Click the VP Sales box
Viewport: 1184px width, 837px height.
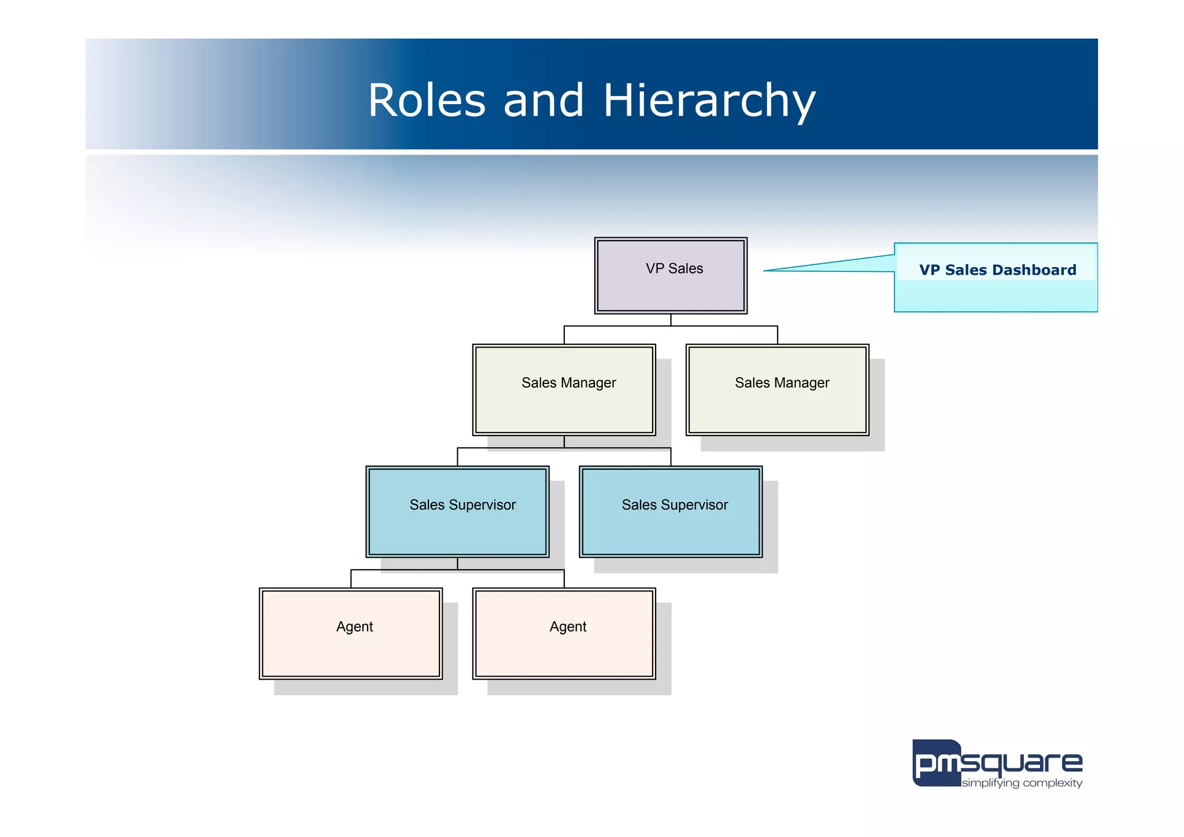[x=671, y=276]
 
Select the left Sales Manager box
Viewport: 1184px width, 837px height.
[x=564, y=390]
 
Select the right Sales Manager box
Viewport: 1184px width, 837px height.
[x=777, y=390]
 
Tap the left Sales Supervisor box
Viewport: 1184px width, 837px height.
[x=457, y=512]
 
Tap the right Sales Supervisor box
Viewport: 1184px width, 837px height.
[x=671, y=512]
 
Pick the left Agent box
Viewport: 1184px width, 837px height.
[x=350, y=634]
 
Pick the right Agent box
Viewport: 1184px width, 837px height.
[x=564, y=634]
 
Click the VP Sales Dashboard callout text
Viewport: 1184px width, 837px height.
[x=997, y=270]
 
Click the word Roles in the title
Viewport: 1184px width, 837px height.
[x=426, y=101]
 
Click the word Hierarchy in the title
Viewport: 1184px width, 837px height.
[x=709, y=101]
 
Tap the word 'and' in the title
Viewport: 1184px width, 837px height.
[x=543, y=101]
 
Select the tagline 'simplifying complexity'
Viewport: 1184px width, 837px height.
[x=1022, y=783]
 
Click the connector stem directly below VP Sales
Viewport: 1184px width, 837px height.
[x=671, y=320]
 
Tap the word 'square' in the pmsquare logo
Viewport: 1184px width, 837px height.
[x=1022, y=764]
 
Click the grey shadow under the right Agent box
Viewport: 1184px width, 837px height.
[x=578, y=687]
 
